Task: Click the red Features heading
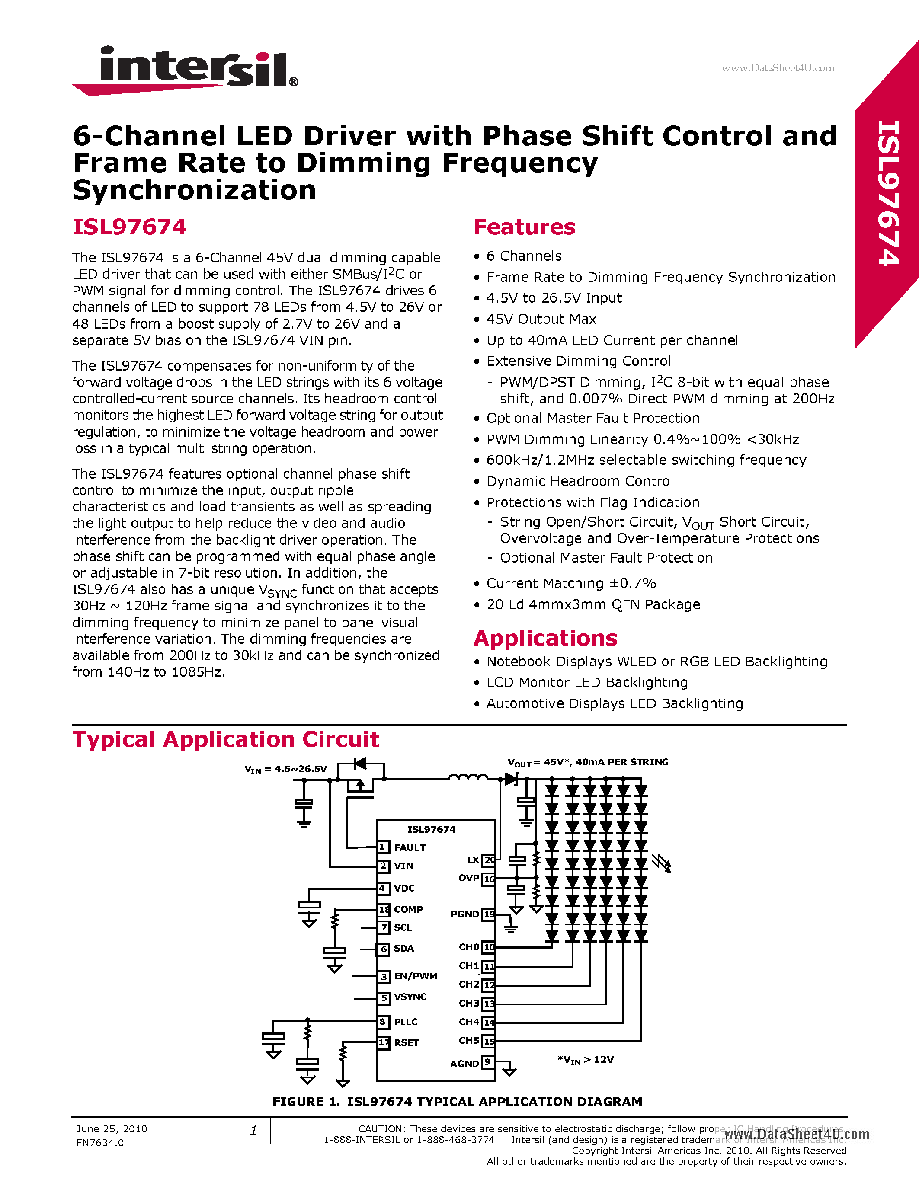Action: click(x=524, y=227)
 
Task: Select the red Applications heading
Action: click(x=545, y=638)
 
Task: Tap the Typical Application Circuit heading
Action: click(x=225, y=740)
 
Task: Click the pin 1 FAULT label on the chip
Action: click(x=410, y=848)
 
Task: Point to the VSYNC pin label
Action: click(x=410, y=997)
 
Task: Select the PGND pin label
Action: click(x=464, y=914)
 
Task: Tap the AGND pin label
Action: click(x=464, y=1063)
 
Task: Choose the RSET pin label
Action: click(x=406, y=1042)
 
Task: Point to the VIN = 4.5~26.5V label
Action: click(x=285, y=769)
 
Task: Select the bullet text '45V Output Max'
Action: click(x=541, y=319)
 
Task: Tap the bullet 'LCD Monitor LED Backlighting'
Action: click(x=587, y=683)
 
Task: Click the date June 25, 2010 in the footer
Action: click(x=112, y=1129)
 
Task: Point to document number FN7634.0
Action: click(x=100, y=1143)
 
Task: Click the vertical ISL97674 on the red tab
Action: click(x=888, y=193)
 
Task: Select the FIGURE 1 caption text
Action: click(x=457, y=1102)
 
